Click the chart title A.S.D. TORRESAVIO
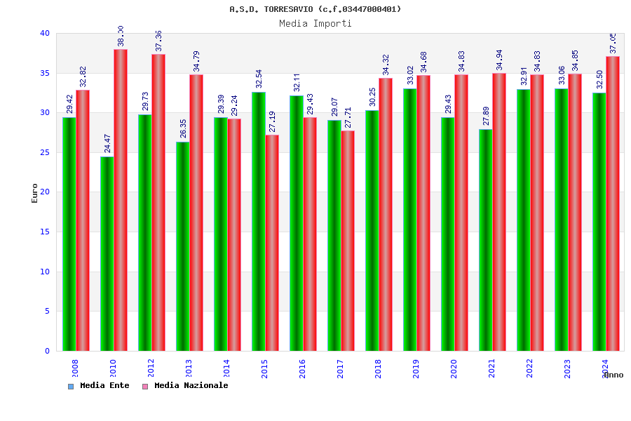pyautogui.click(x=315, y=9)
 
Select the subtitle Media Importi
pyautogui.click(x=315, y=23)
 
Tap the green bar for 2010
pyautogui.click(x=107, y=253)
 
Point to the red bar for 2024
pyautogui.click(x=613, y=203)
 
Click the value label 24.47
pyautogui.click(x=107, y=142)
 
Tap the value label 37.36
pyautogui.click(x=158, y=41)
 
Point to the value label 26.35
pyautogui.click(x=183, y=128)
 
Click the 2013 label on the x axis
pyautogui.click(x=189, y=368)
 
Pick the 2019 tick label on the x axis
pyautogui.click(x=416, y=368)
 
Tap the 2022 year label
pyautogui.click(x=529, y=368)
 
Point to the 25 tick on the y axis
pyautogui.click(x=44, y=152)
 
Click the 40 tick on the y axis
pyautogui.click(x=44, y=33)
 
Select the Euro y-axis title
pyautogui.click(x=35, y=193)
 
